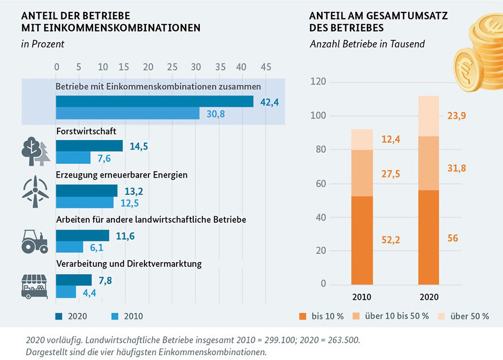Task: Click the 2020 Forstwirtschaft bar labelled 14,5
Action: tap(89, 146)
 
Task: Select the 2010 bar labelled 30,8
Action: tap(128, 113)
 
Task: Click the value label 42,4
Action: tap(269, 102)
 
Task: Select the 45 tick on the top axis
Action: tap(266, 67)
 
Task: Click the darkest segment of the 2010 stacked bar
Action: tap(362, 240)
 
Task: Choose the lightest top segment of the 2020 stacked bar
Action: tap(429, 116)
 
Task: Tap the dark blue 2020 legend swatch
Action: tap(59, 316)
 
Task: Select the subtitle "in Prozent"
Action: tap(43, 44)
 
